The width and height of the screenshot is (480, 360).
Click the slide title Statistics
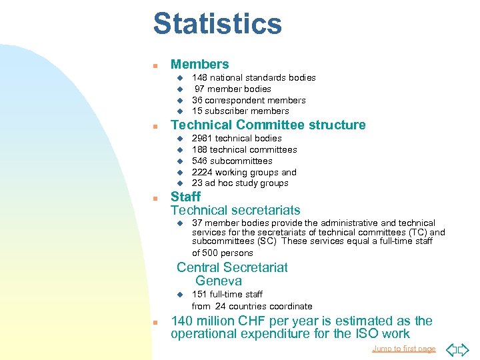217,24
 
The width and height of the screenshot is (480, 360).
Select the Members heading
199,65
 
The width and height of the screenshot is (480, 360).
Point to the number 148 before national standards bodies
199,77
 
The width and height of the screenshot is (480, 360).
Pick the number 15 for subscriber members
197,111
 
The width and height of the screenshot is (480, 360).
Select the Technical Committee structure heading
268,125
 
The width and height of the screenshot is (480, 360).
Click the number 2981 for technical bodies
202,138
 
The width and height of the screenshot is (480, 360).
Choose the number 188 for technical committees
199,149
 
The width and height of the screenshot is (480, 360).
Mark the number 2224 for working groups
202,172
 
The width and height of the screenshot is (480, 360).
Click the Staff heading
185,197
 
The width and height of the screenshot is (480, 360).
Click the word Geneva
219,281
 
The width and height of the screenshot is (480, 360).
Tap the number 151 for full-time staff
199,294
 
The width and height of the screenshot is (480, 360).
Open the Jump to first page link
403,349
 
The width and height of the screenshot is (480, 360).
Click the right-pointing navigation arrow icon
464,349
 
